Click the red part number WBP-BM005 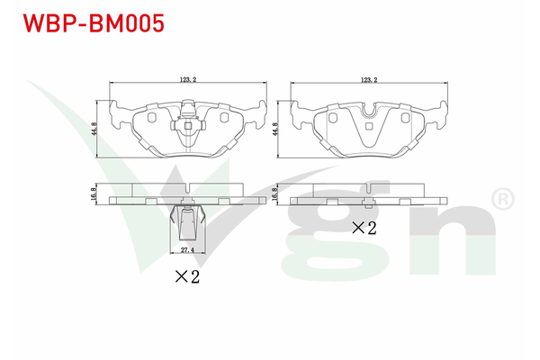point(94,23)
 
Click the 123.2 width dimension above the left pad point(188,79)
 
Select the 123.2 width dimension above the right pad point(369,79)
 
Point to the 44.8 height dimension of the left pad point(94,129)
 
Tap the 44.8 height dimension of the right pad point(275,129)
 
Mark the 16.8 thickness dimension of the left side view point(94,193)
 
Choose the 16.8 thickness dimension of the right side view point(274,193)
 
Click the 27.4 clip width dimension point(187,250)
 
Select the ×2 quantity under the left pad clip point(187,276)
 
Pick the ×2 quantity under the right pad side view point(364,228)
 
